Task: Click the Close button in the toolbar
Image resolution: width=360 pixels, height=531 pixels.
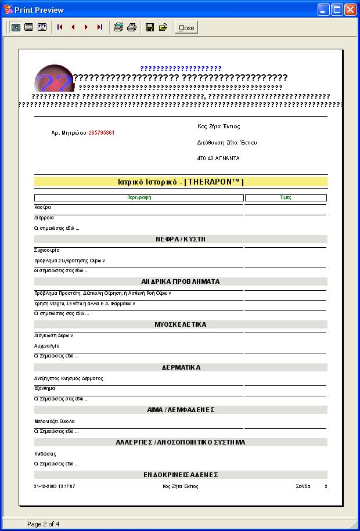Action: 186,27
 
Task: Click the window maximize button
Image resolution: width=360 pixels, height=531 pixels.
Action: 337,10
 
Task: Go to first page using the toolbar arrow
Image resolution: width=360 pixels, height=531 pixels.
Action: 60,27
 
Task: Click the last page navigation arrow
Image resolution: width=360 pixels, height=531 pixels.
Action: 99,27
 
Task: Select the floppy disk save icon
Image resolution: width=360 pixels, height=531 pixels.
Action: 149,27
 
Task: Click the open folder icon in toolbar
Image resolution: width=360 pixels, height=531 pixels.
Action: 163,27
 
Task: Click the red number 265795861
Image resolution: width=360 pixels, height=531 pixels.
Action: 102,133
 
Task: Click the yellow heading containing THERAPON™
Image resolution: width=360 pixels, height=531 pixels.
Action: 181,182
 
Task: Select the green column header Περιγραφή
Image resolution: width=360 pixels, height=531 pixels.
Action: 139,198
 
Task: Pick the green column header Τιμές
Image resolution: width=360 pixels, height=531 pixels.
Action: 285,198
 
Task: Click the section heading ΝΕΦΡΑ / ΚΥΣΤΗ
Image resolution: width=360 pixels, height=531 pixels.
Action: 181,239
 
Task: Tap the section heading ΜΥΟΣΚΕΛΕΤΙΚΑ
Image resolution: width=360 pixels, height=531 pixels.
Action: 181,324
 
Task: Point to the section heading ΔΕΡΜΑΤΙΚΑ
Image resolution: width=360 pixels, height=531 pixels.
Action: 181,367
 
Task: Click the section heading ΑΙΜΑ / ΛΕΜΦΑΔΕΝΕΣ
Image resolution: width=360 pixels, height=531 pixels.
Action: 181,410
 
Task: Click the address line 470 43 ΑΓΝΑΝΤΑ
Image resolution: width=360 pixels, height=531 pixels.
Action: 218,158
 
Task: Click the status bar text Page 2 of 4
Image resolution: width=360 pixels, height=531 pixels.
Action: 44,524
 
